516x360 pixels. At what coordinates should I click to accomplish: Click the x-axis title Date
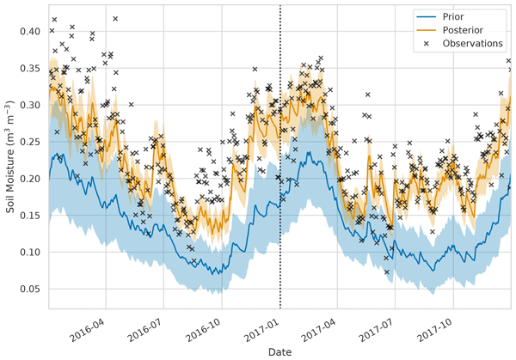coord(279,351)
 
